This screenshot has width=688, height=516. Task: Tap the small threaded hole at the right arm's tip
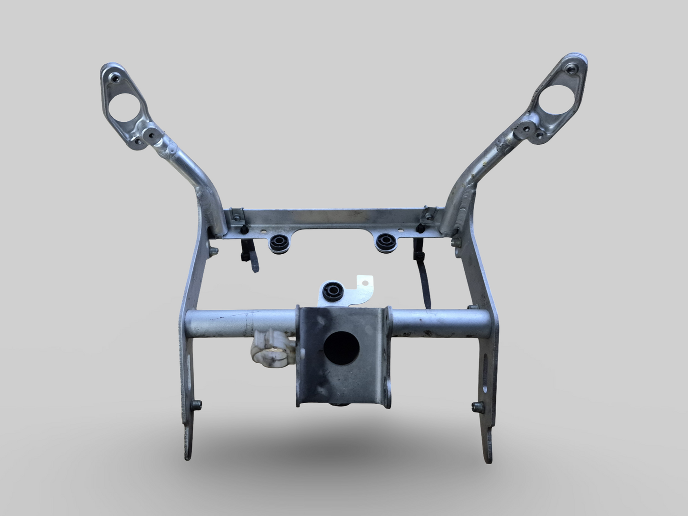pos(571,69)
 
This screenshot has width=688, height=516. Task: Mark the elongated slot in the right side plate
pos(486,374)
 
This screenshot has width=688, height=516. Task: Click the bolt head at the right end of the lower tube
pos(471,308)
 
